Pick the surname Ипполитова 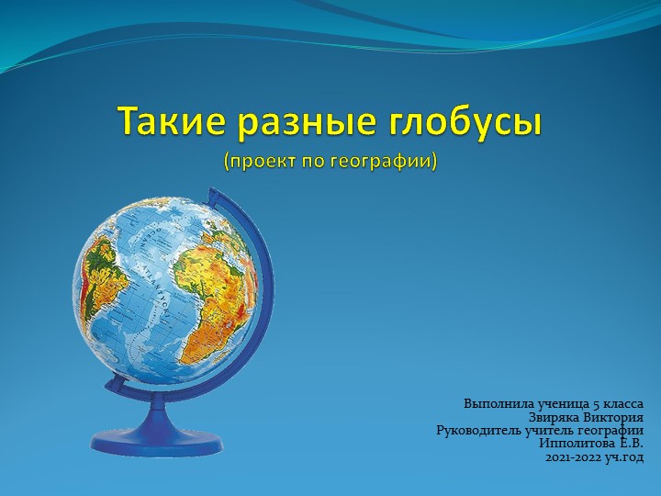(578, 443)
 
